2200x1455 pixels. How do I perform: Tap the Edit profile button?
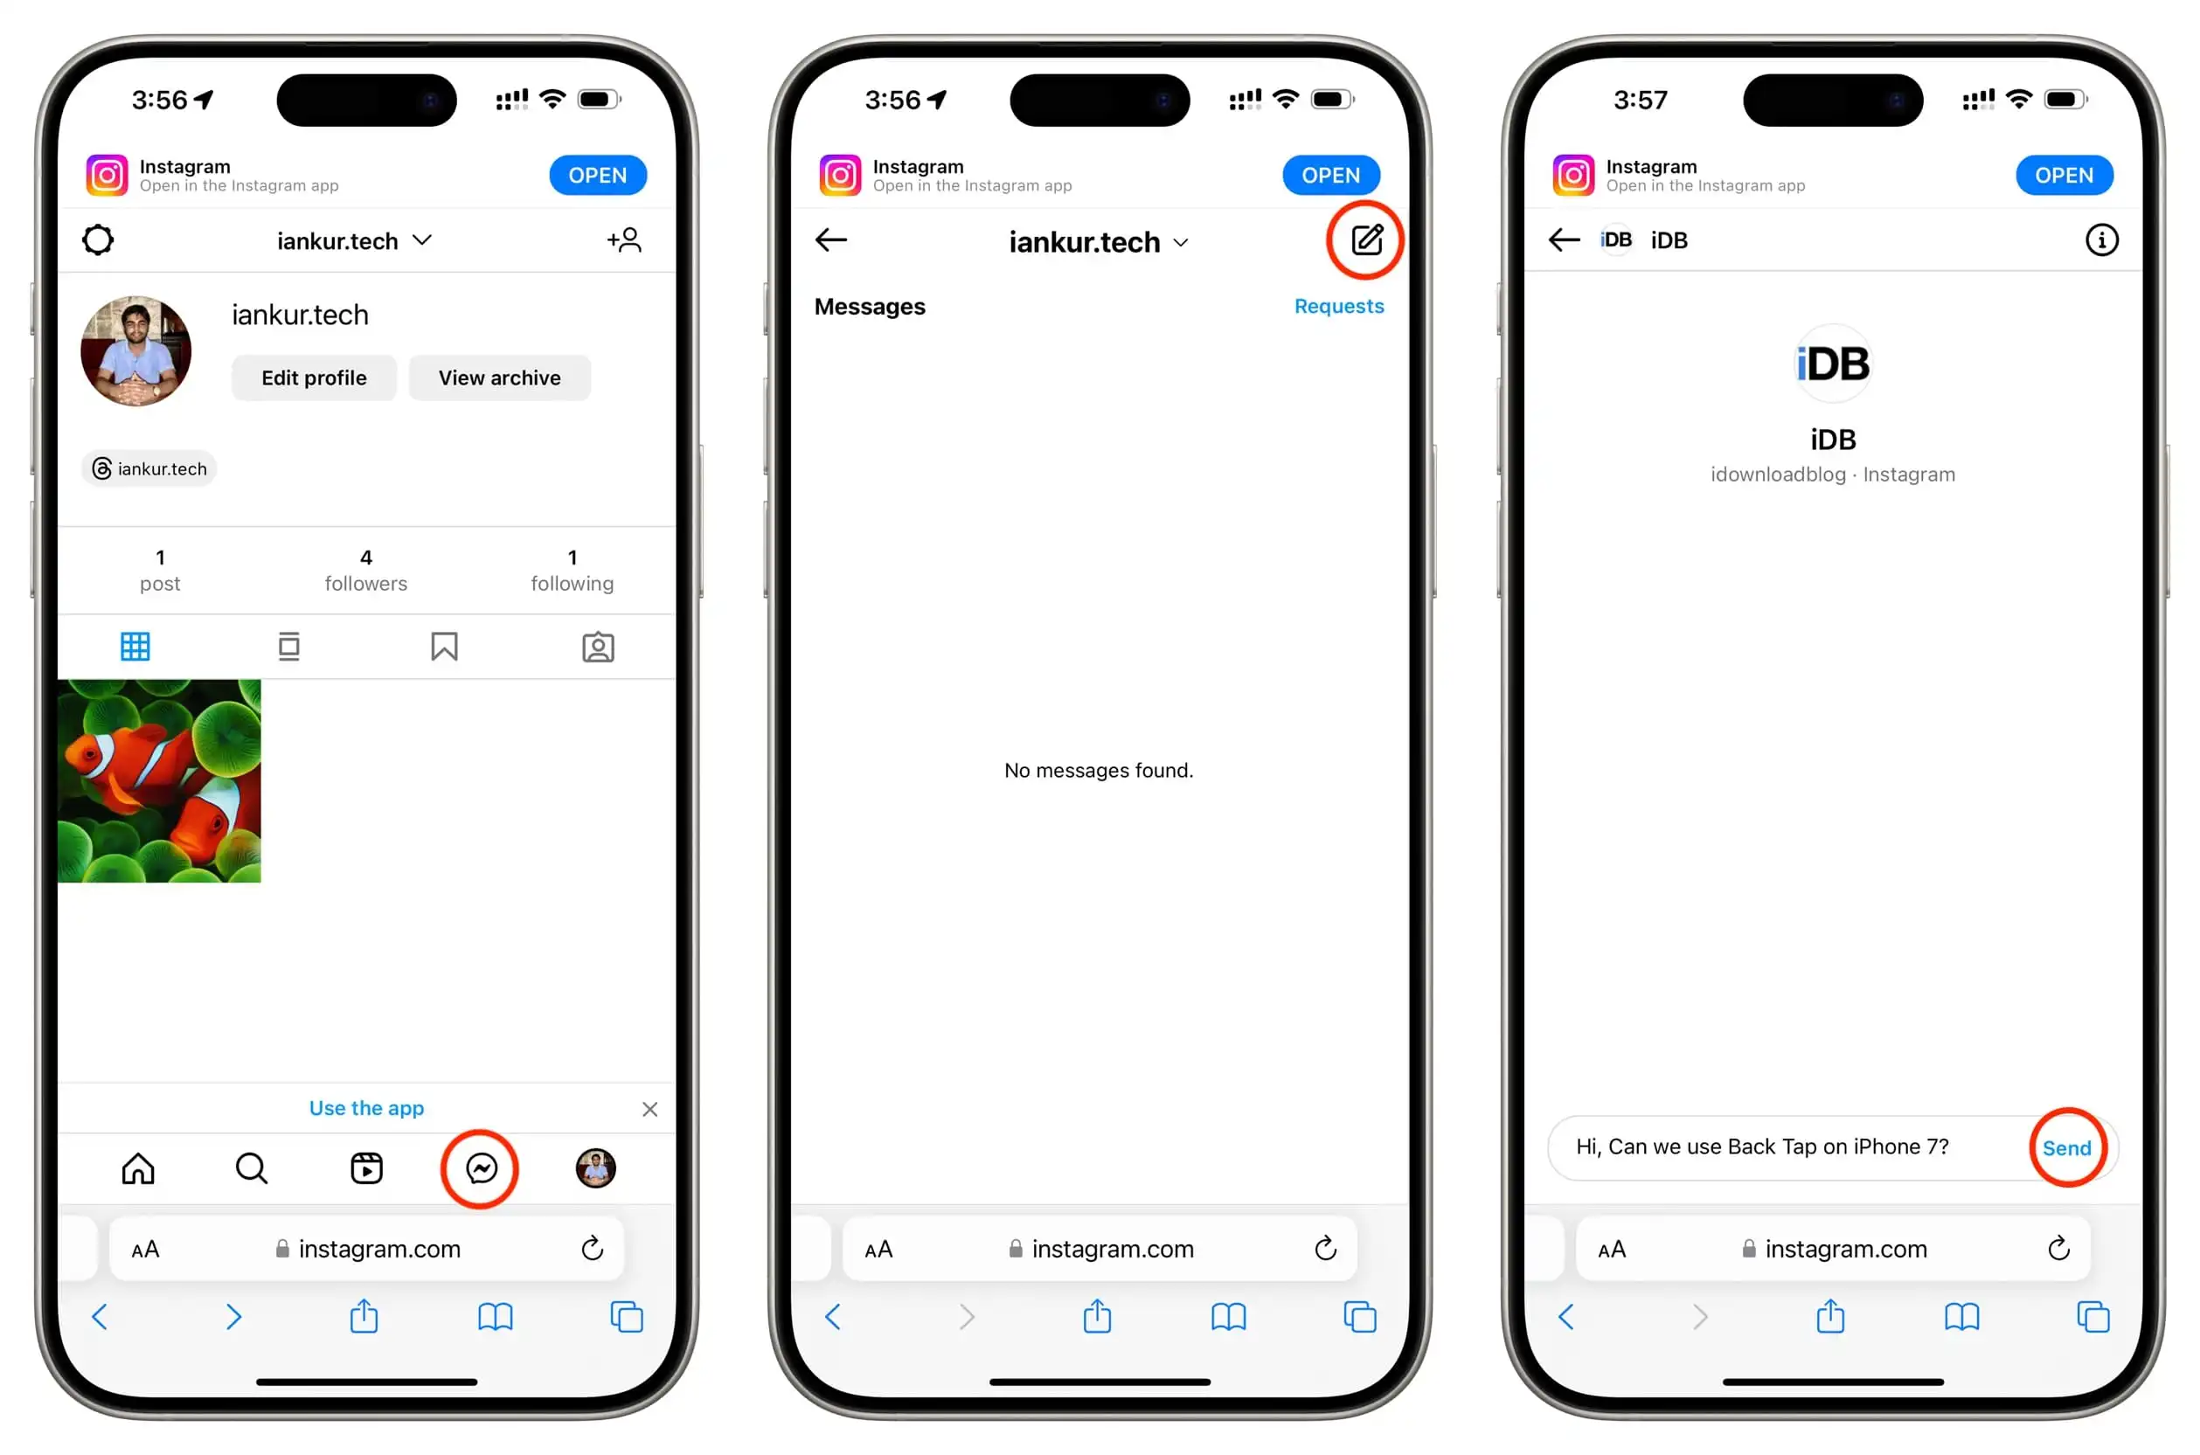pyautogui.click(x=314, y=378)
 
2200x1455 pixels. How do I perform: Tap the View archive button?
pyautogui.click(x=499, y=378)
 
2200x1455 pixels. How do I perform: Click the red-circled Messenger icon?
pyautogui.click(x=481, y=1168)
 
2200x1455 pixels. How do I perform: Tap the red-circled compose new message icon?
pyautogui.click(x=1366, y=240)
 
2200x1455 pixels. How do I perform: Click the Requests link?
pyautogui.click(x=1338, y=306)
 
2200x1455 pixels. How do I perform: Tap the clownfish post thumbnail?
pyautogui.click(x=160, y=781)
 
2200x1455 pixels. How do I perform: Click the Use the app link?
pyautogui.click(x=366, y=1108)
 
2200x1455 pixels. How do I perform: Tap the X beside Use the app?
pyautogui.click(x=649, y=1110)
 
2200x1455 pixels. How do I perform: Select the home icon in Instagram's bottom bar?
pyautogui.click(x=138, y=1168)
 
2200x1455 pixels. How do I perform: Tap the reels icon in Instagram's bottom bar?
pyautogui.click(x=366, y=1168)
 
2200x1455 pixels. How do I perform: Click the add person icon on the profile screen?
pyautogui.click(x=624, y=240)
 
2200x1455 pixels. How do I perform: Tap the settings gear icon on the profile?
pyautogui.click(x=99, y=240)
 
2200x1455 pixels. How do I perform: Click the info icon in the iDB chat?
pyautogui.click(x=2100, y=240)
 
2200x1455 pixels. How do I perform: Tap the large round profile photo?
pyautogui.click(x=136, y=350)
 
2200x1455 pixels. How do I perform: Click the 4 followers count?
pyautogui.click(x=365, y=570)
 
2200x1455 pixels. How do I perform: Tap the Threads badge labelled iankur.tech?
pyautogui.click(x=149, y=468)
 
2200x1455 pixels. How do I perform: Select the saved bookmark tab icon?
pyautogui.click(x=444, y=647)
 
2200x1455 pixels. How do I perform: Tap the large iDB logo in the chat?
pyautogui.click(x=1833, y=364)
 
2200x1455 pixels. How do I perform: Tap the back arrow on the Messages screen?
pyautogui.click(x=830, y=240)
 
